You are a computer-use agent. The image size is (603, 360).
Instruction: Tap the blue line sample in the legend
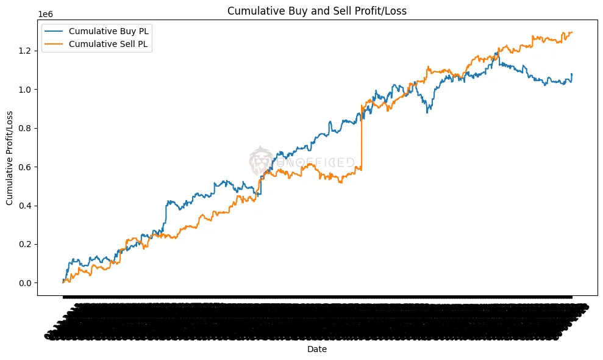53,31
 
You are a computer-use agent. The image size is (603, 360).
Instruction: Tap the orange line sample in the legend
53,45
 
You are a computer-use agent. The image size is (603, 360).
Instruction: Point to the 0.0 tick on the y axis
26,283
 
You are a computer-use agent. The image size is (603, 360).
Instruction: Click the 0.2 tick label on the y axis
26,244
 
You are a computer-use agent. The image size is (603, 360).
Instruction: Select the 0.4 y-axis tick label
26,206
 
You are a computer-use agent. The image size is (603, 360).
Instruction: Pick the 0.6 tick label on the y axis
26,167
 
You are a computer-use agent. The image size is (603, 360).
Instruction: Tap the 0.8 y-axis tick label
26,128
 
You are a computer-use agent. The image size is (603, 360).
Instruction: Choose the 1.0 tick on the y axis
26,90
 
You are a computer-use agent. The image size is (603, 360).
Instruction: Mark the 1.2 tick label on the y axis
26,51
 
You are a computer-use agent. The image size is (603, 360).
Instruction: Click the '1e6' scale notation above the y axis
45,13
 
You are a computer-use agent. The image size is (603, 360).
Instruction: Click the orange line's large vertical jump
362,140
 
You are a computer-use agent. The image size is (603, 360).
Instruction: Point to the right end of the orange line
572,32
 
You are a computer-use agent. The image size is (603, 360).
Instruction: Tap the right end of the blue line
572,74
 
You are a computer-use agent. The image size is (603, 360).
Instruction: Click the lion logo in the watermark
260,160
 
